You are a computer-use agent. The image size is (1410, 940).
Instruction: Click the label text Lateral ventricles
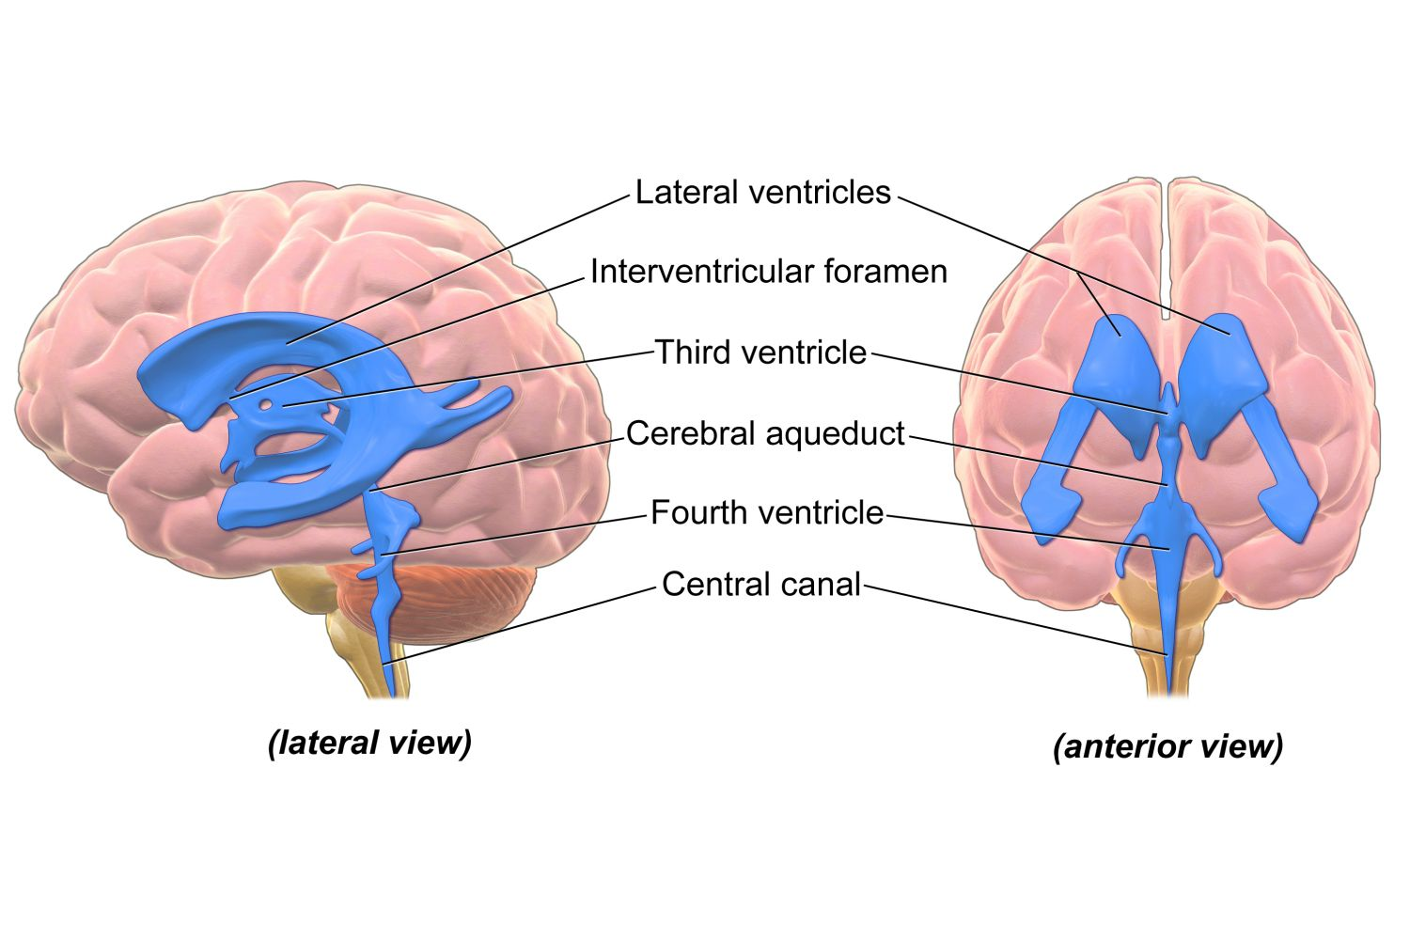click(x=762, y=193)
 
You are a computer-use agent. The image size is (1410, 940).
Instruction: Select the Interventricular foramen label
click(x=768, y=272)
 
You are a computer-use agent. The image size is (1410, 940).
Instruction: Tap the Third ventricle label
click(x=760, y=352)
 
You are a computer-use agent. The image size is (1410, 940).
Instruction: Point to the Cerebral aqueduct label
click(x=765, y=433)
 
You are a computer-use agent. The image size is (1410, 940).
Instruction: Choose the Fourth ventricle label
click(x=767, y=513)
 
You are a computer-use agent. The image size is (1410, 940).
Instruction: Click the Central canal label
click(x=761, y=585)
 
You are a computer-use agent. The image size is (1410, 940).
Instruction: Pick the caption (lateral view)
click(x=369, y=743)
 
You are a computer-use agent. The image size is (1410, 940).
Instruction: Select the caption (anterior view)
click(x=1167, y=746)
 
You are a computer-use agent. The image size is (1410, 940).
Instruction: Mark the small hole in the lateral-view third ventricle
click(x=267, y=405)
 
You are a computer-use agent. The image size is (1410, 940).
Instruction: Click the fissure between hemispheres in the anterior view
click(x=1167, y=244)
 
